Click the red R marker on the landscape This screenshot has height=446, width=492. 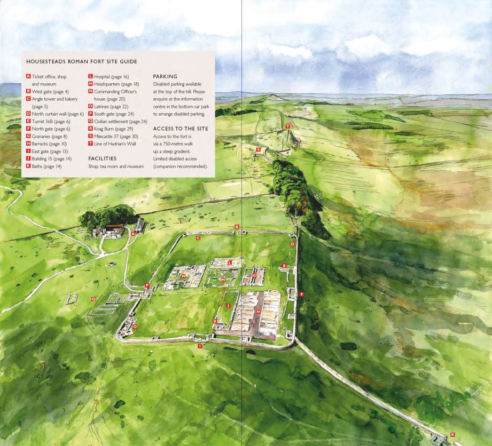click(x=452, y=435)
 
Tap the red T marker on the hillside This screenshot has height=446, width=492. click(x=287, y=126)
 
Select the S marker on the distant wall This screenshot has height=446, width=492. click(x=258, y=150)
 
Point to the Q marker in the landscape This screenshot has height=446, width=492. click(x=93, y=299)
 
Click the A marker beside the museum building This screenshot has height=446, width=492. click(x=132, y=234)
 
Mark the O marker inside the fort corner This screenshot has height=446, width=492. click(x=135, y=326)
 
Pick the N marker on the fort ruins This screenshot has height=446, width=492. click(x=183, y=276)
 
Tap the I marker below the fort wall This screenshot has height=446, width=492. click(x=200, y=346)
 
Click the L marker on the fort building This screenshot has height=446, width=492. click(x=230, y=262)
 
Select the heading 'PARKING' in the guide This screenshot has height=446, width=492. click(x=165, y=76)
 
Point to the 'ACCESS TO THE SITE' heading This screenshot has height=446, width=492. click(x=181, y=129)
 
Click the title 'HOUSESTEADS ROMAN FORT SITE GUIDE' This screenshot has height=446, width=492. click(x=77, y=61)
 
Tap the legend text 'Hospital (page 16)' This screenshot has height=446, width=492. click(x=112, y=77)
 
